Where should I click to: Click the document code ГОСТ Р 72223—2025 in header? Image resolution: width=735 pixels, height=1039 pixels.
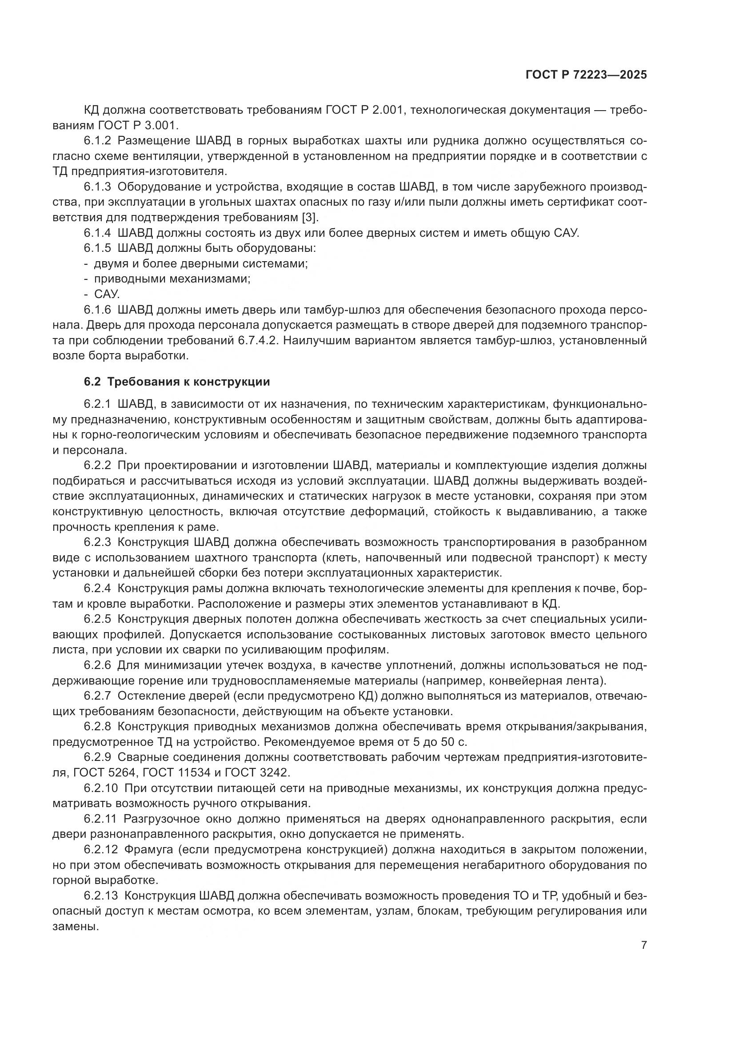pyautogui.click(x=586, y=75)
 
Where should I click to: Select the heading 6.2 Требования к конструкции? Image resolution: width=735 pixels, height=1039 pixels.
pyautogui.click(x=176, y=382)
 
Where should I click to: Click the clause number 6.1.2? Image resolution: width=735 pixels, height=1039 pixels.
pyautogui.click(x=97, y=141)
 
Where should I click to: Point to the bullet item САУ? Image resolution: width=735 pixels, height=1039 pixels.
pyautogui.click(x=107, y=295)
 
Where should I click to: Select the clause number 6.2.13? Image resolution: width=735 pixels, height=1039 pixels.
pyautogui.click(x=100, y=896)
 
